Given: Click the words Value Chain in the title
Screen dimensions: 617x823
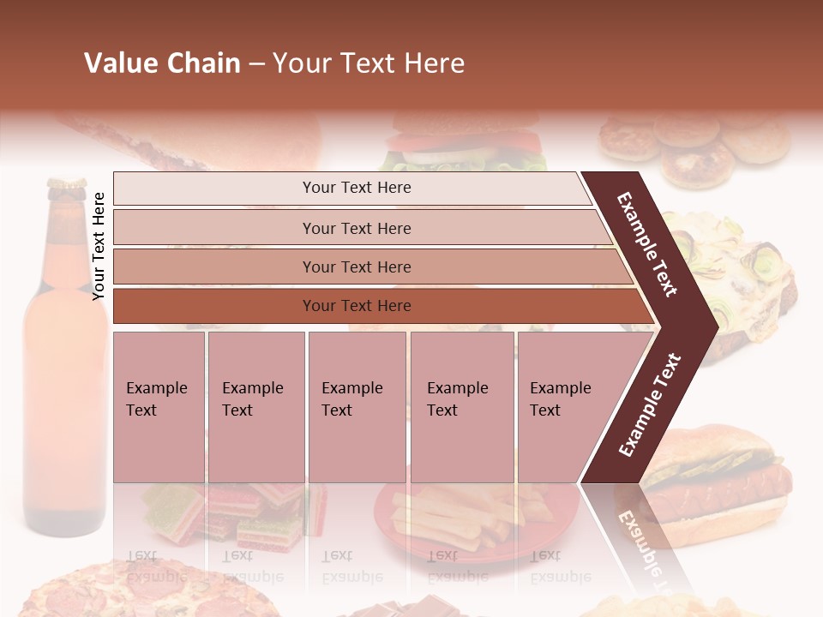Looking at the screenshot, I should [162, 63].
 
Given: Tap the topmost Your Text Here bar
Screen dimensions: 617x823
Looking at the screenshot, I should [357, 188].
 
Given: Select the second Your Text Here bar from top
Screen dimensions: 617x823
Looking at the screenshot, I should [357, 228].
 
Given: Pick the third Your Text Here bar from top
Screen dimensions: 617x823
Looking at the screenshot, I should [357, 267].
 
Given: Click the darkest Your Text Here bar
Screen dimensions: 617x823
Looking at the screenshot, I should [357, 305].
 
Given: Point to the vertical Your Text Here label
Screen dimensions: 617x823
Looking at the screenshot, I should [99, 246].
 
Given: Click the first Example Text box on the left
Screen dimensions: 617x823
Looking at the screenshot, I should [159, 406].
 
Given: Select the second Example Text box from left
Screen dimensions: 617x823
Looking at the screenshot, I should [255, 406].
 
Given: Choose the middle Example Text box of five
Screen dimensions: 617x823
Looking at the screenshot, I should [357, 406].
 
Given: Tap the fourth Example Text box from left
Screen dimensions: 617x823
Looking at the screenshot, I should [461, 406].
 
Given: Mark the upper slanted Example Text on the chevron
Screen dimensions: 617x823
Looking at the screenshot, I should [648, 245].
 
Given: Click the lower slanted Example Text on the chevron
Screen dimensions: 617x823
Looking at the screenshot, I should [650, 404].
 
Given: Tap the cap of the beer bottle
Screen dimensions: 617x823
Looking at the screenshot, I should [66, 184].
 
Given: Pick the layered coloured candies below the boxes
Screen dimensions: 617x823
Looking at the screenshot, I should [231, 514].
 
